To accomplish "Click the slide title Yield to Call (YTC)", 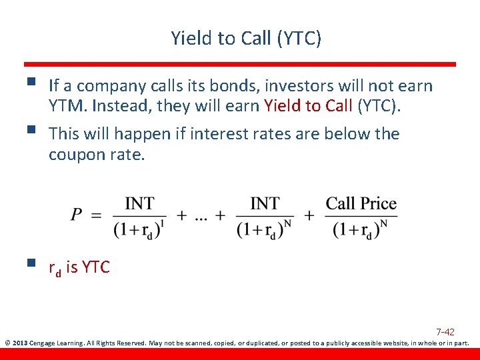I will [245, 39].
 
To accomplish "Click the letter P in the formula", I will [77, 215].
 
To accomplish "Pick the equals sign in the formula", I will [96, 215].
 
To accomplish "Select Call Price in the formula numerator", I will [361, 203].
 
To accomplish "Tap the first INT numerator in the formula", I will [140, 203].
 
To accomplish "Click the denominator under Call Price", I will [361, 229].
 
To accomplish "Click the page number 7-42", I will [445, 331].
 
